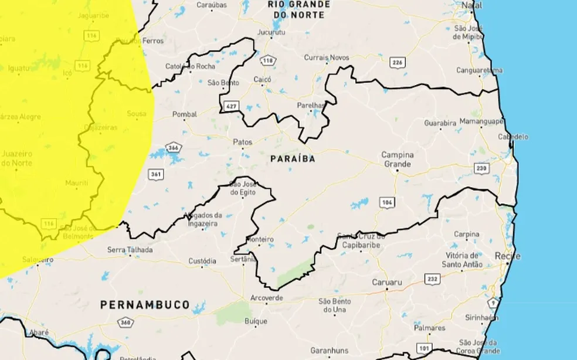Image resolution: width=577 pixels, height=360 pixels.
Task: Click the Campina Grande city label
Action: (x=398, y=159)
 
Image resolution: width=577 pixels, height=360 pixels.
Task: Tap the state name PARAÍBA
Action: (x=293, y=159)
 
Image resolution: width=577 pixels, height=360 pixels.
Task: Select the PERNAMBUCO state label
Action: (x=145, y=305)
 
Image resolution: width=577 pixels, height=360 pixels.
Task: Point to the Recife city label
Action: (x=506, y=256)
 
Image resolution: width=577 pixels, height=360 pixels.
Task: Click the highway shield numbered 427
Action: (x=230, y=106)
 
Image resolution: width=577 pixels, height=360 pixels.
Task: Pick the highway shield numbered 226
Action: (x=398, y=62)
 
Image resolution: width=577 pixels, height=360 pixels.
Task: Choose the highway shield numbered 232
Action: (x=432, y=279)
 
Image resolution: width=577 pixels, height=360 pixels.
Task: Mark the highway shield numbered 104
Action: (x=386, y=202)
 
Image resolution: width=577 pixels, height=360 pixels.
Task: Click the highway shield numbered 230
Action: (x=481, y=168)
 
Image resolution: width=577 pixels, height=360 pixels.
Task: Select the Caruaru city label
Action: (x=387, y=283)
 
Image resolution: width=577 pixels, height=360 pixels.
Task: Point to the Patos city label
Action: (x=242, y=142)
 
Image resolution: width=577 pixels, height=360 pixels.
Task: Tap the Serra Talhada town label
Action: (x=130, y=250)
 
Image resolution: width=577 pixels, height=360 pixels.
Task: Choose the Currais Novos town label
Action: (x=326, y=57)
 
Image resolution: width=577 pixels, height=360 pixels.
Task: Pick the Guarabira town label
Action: (x=440, y=124)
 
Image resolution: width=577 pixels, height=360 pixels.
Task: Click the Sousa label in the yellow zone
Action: (x=137, y=113)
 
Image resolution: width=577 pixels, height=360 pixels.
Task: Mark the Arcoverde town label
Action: (x=267, y=298)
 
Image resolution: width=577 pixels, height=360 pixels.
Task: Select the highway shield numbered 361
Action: (x=156, y=174)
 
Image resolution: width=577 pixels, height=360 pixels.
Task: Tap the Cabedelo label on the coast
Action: (x=514, y=137)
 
